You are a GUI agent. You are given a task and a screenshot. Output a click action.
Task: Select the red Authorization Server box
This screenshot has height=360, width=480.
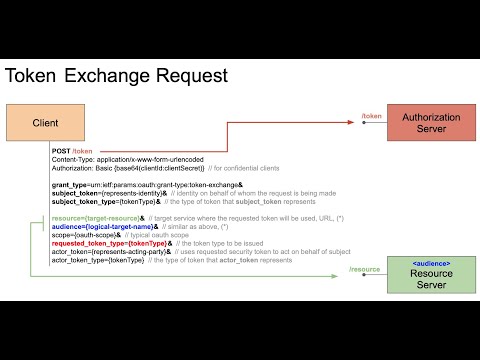432,122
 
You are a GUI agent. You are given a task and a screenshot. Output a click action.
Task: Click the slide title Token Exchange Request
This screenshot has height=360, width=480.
117,75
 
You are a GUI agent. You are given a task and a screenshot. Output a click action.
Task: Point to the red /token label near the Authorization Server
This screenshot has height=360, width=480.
371,117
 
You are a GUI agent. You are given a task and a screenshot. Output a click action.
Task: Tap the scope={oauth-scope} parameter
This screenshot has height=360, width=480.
82,235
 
